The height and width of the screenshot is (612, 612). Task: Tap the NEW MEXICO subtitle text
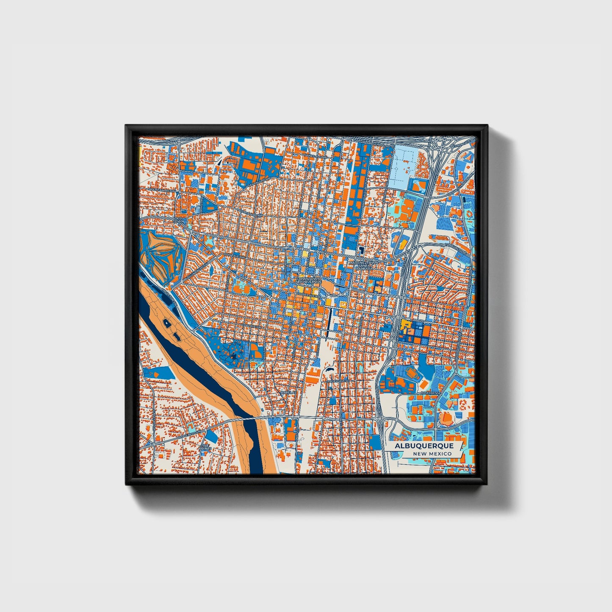point(432,454)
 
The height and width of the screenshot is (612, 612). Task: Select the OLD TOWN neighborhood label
point(179,219)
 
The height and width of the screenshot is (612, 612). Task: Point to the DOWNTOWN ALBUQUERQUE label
point(309,280)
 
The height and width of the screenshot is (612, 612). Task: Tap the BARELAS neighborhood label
point(287,393)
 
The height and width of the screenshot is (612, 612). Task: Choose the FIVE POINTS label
point(205,447)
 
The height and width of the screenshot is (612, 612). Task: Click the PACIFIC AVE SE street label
point(338,382)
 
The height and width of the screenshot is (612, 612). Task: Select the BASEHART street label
point(428,393)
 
